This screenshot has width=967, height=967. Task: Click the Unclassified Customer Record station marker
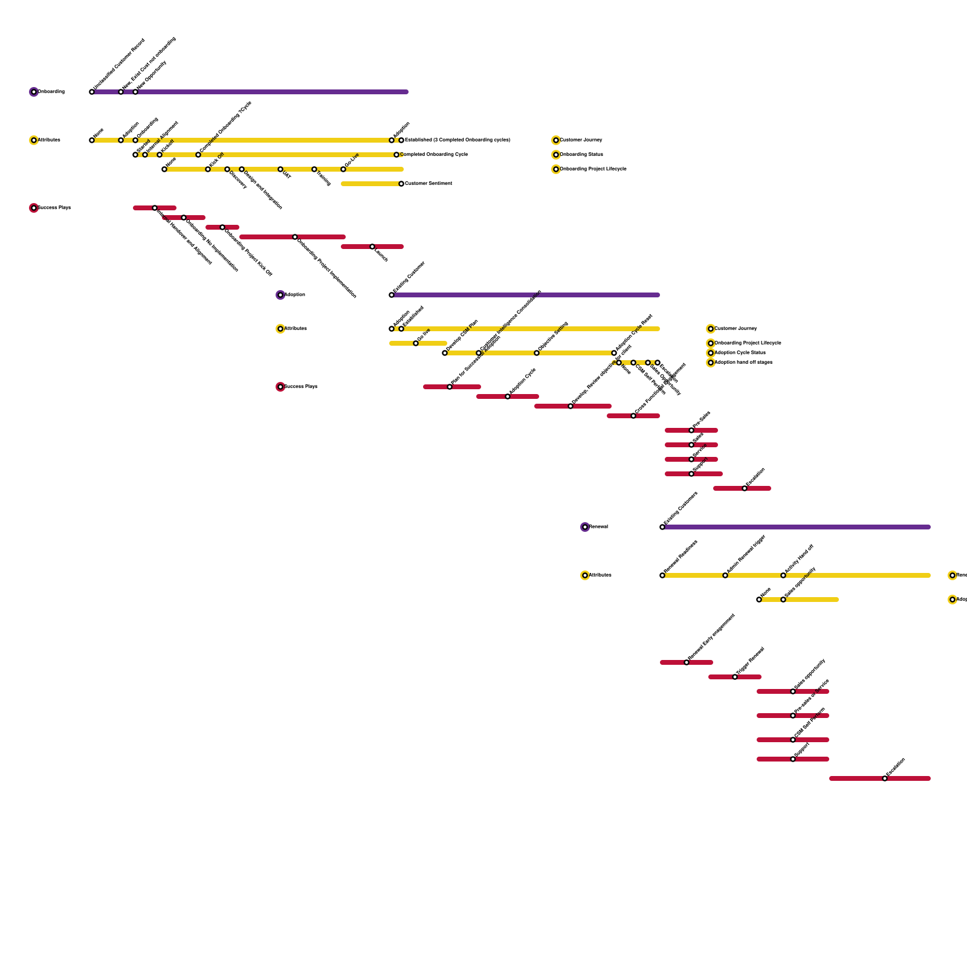92,92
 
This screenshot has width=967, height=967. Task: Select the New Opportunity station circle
135,92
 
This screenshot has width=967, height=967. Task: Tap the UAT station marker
280,169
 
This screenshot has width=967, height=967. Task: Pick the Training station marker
314,169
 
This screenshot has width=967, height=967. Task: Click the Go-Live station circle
343,169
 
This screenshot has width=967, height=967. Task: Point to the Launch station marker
372,247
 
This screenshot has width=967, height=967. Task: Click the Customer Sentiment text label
429,183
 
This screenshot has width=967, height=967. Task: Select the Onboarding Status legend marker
556,155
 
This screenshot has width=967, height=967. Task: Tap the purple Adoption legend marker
280,295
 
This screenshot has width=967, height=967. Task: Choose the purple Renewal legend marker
585,527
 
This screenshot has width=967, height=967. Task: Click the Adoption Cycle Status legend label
740,352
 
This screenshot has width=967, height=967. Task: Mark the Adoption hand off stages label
743,362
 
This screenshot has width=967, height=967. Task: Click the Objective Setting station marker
537,353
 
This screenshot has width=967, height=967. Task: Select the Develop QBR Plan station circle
445,353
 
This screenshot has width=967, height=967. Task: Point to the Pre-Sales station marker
691,430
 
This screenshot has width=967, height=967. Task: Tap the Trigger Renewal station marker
735,677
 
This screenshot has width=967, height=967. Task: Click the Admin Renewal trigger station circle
725,575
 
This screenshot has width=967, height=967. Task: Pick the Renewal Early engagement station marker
687,662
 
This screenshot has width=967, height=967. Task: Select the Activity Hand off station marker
783,575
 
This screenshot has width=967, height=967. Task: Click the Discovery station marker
227,169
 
